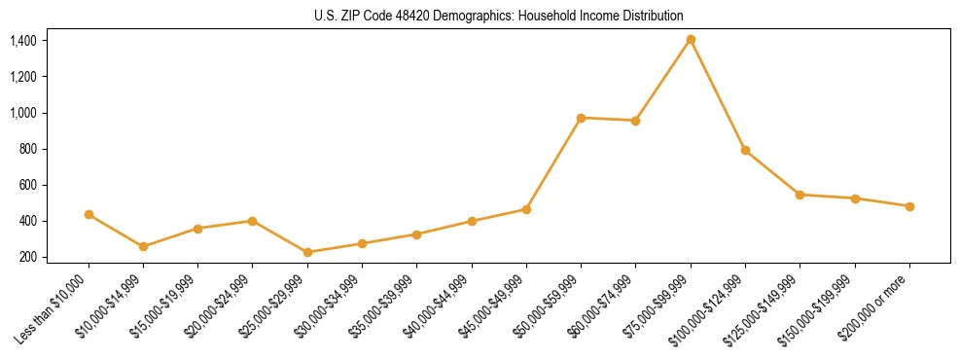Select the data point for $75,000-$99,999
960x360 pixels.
[691, 40]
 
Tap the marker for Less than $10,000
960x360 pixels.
[89, 214]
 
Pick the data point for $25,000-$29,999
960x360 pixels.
[307, 252]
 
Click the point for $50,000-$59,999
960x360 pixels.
[581, 118]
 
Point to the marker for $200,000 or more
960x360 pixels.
[909, 206]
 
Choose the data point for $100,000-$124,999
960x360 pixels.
[745, 150]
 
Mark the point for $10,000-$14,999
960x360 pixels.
[143, 246]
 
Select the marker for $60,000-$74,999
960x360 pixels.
[635, 121]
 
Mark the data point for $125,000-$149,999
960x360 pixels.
[800, 195]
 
